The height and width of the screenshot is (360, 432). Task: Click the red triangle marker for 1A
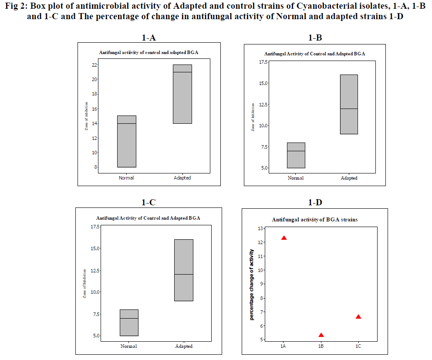pyautogui.click(x=284, y=238)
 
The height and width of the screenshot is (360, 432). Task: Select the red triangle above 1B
pyautogui.click(x=321, y=335)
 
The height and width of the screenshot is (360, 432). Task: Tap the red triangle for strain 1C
pyautogui.click(x=358, y=317)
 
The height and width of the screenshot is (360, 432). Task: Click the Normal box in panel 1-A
pyautogui.click(x=126, y=141)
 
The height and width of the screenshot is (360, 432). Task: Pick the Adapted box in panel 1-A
pyautogui.click(x=182, y=94)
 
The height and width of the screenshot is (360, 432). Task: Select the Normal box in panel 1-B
pyautogui.click(x=296, y=155)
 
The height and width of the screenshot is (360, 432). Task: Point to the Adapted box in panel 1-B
pyautogui.click(x=349, y=104)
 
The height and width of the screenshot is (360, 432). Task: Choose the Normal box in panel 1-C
pyautogui.click(x=129, y=323)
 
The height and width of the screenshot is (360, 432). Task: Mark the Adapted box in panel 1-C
pyautogui.click(x=184, y=270)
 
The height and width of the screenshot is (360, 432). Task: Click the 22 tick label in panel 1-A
pyautogui.click(x=94, y=65)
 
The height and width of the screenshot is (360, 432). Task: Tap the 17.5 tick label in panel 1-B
pyautogui.click(x=264, y=62)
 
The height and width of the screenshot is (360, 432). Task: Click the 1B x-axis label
pyautogui.click(x=321, y=346)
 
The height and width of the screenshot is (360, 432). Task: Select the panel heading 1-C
pyautogui.click(x=148, y=202)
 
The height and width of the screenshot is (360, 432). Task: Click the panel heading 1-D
pyautogui.click(x=315, y=202)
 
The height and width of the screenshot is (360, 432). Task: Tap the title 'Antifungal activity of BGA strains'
pyautogui.click(x=315, y=220)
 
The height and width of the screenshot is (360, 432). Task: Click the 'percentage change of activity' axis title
pyautogui.click(x=252, y=284)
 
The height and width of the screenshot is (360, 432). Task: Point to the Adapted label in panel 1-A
pyautogui.click(x=182, y=178)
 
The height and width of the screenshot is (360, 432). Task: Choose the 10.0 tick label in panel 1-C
pyautogui.click(x=94, y=292)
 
